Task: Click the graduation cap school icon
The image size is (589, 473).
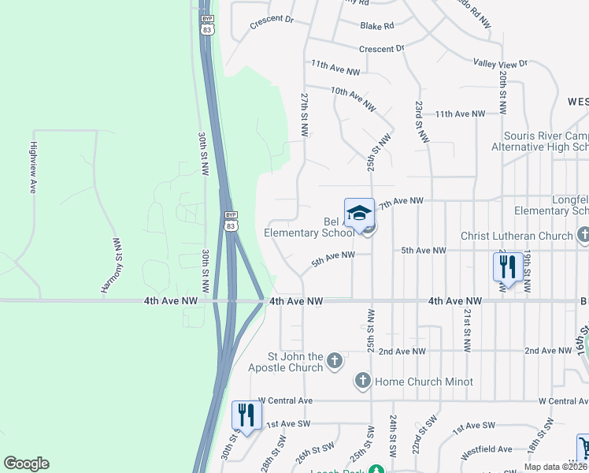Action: coord(359,213)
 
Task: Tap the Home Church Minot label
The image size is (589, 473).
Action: coord(424,382)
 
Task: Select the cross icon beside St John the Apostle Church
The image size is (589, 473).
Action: coord(335,361)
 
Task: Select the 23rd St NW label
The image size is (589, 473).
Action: coord(421,121)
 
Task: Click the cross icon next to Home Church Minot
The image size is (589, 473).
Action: coord(363,382)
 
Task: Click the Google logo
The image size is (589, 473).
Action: coord(26,464)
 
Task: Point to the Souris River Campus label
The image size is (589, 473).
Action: coord(539,135)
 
